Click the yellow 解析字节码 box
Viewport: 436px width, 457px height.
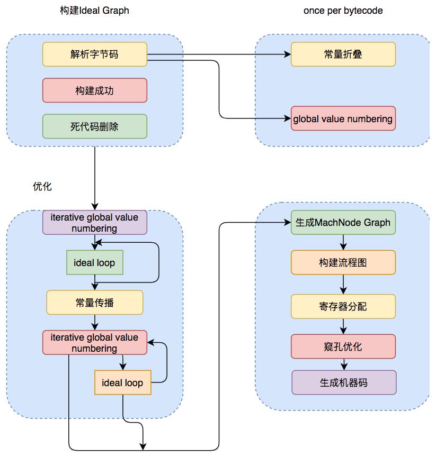pos(94,54)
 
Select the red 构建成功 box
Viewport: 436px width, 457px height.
pos(94,90)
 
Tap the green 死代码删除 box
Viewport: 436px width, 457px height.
pos(94,126)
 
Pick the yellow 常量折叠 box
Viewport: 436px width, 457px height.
pos(343,54)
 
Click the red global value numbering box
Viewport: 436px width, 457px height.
pos(343,118)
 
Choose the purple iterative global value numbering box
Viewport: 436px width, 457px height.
pos(94,223)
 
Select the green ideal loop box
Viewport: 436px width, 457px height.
pos(94,262)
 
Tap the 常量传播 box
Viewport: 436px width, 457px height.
pos(94,303)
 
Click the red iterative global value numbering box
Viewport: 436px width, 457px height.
pos(94,343)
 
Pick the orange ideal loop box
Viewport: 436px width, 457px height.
pos(122,382)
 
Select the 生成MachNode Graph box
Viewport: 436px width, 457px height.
pos(343,223)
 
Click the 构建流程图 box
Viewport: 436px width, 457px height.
pos(343,262)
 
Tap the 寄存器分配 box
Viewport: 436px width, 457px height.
pos(343,306)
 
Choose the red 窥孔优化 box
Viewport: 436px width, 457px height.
pos(343,346)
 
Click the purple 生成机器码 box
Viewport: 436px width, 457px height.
pos(343,382)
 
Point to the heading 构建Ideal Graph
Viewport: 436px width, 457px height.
pos(94,11)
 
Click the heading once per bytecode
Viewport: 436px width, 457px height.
pos(343,11)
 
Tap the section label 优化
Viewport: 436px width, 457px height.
pos(42,187)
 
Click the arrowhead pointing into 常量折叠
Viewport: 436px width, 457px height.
pos(288,54)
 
